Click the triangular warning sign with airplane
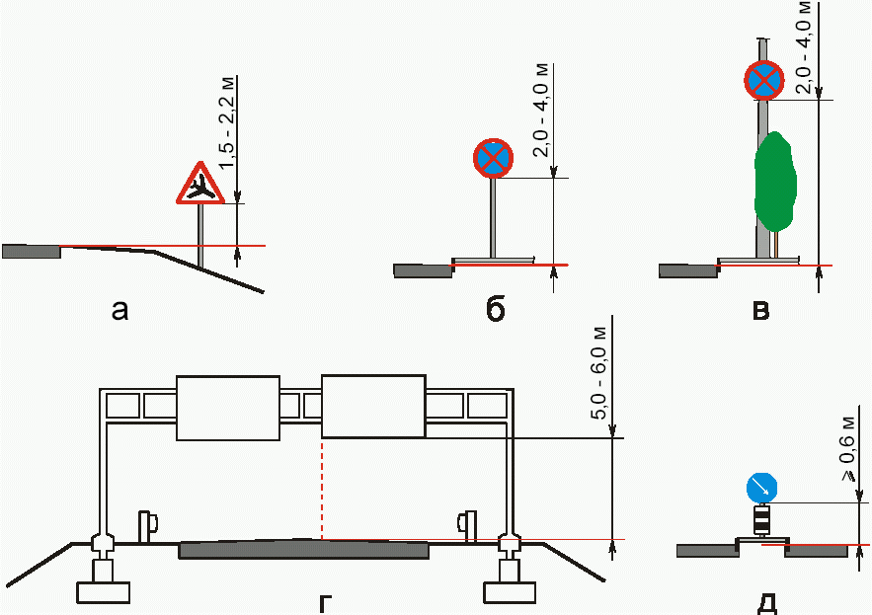point(201,185)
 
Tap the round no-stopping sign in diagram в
point(763,80)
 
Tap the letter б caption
point(496,310)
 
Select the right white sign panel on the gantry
point(373,406)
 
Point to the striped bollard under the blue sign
point(761,519)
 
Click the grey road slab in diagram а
point(31,251)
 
